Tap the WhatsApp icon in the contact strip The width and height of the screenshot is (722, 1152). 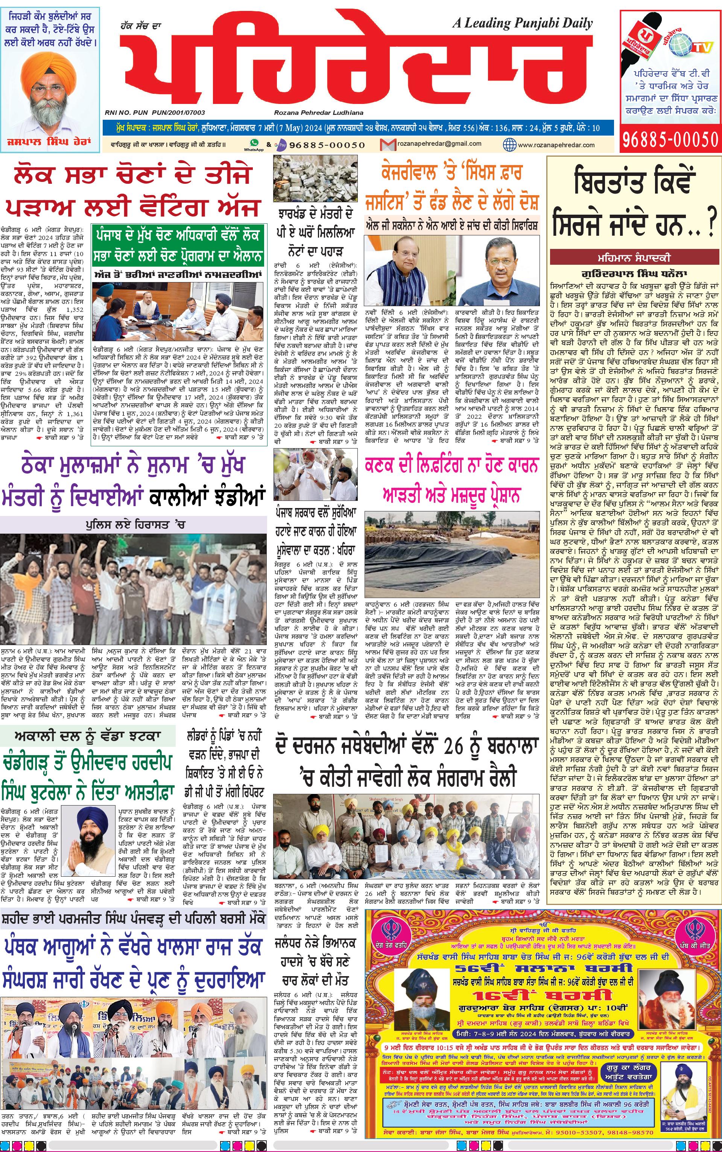(254, 142)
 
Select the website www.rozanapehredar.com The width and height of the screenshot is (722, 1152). (556, 145)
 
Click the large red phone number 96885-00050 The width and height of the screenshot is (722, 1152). (670, 139)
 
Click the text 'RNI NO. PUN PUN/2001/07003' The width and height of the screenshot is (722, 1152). (155, 113)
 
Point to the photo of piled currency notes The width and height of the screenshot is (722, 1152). (315, 179)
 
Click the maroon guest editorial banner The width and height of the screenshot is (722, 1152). (634, 258)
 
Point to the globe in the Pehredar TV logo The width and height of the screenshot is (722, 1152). (681, 43)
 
